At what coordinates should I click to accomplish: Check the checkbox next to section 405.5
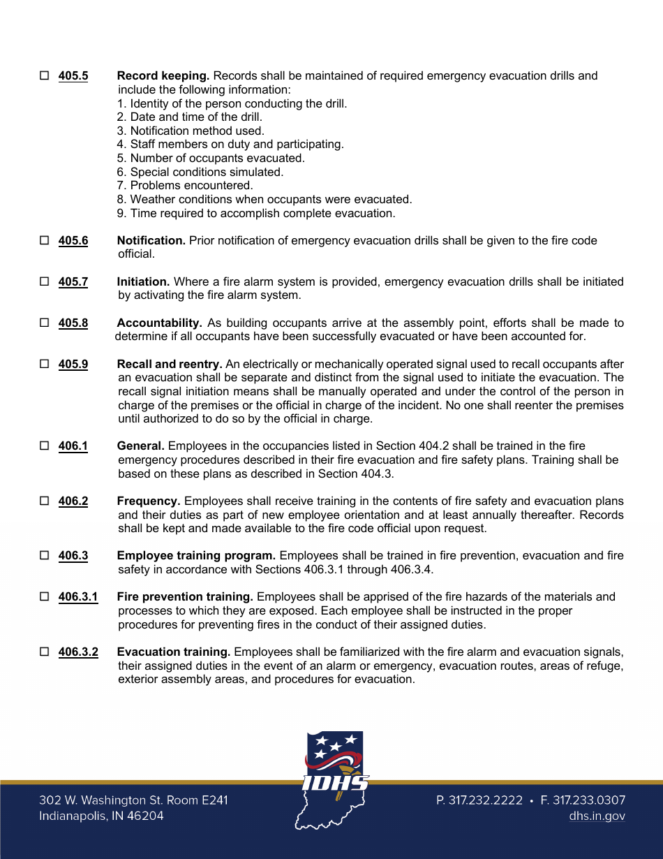45,75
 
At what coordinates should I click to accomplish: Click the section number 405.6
73,240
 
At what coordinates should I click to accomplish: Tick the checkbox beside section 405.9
45,364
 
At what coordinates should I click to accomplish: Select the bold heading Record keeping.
163,75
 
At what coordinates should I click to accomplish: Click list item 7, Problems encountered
185,185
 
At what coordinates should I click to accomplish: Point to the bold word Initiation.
143,281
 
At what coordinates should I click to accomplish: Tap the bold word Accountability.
159,323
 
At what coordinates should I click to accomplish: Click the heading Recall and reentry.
170,364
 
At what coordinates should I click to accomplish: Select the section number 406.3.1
78,596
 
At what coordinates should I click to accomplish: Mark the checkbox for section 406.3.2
45,652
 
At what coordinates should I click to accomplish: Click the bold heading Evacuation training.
174,652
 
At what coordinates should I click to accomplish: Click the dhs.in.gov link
597,816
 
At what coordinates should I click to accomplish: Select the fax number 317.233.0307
583,800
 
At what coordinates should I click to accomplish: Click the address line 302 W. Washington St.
133,800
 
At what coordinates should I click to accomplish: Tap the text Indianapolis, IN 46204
101,816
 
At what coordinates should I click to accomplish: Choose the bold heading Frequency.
149,501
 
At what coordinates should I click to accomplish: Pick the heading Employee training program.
196,555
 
